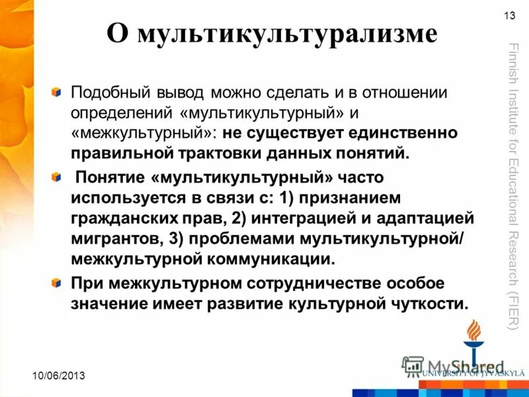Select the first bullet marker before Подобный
click(x=58, y=91)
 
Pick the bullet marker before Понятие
click(x=58, y=177)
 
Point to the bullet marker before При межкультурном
click(x=58, y=283)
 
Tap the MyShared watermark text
click(x=456, y=367)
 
